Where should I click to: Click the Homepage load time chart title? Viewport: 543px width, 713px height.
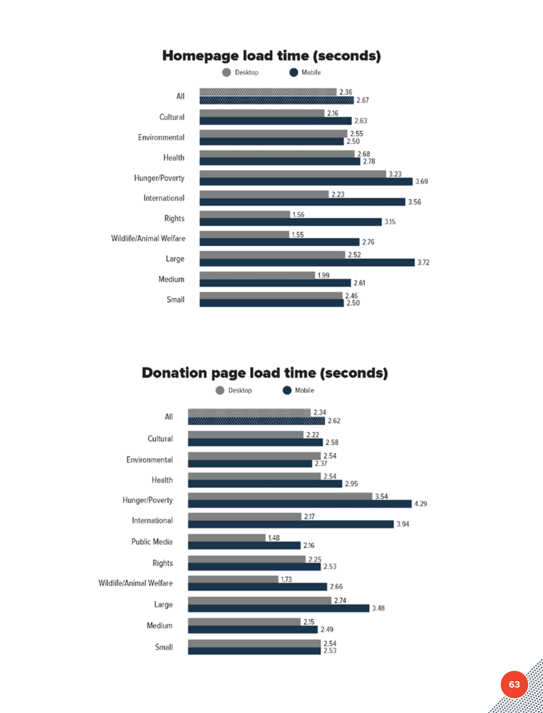(271, 56)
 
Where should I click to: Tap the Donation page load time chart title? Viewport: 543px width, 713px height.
(265, 373)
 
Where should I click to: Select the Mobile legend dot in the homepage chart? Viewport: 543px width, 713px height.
(293, 72)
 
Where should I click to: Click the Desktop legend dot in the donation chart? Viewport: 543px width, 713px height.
(220, 390)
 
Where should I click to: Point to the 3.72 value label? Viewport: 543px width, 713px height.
(423, 262)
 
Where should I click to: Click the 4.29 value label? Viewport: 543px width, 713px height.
(421, 504)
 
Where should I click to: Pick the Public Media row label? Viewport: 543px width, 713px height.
(152, 542)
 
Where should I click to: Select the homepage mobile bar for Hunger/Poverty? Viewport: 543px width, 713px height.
(306, 181)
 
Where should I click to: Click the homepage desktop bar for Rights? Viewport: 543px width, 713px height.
(245, 214)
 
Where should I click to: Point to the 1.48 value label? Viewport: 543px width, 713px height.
(274, 538)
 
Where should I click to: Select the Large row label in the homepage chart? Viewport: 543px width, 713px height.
(175, 259)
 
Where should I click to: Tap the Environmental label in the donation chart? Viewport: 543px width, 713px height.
(150, 460)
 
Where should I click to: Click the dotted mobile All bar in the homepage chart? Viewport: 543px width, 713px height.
(276, 100)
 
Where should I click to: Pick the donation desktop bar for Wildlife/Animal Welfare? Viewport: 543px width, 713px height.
(233, 579)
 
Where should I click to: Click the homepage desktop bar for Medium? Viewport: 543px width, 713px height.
(257, 275)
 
